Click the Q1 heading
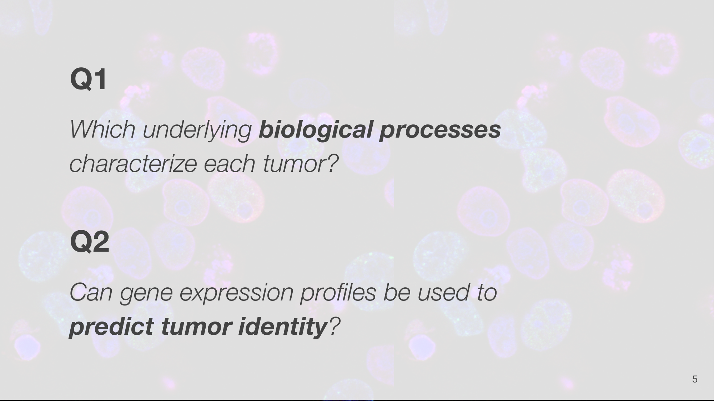88,79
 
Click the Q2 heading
90,242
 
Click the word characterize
133,164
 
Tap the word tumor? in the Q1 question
300,164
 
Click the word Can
91,292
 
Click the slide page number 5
695,379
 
